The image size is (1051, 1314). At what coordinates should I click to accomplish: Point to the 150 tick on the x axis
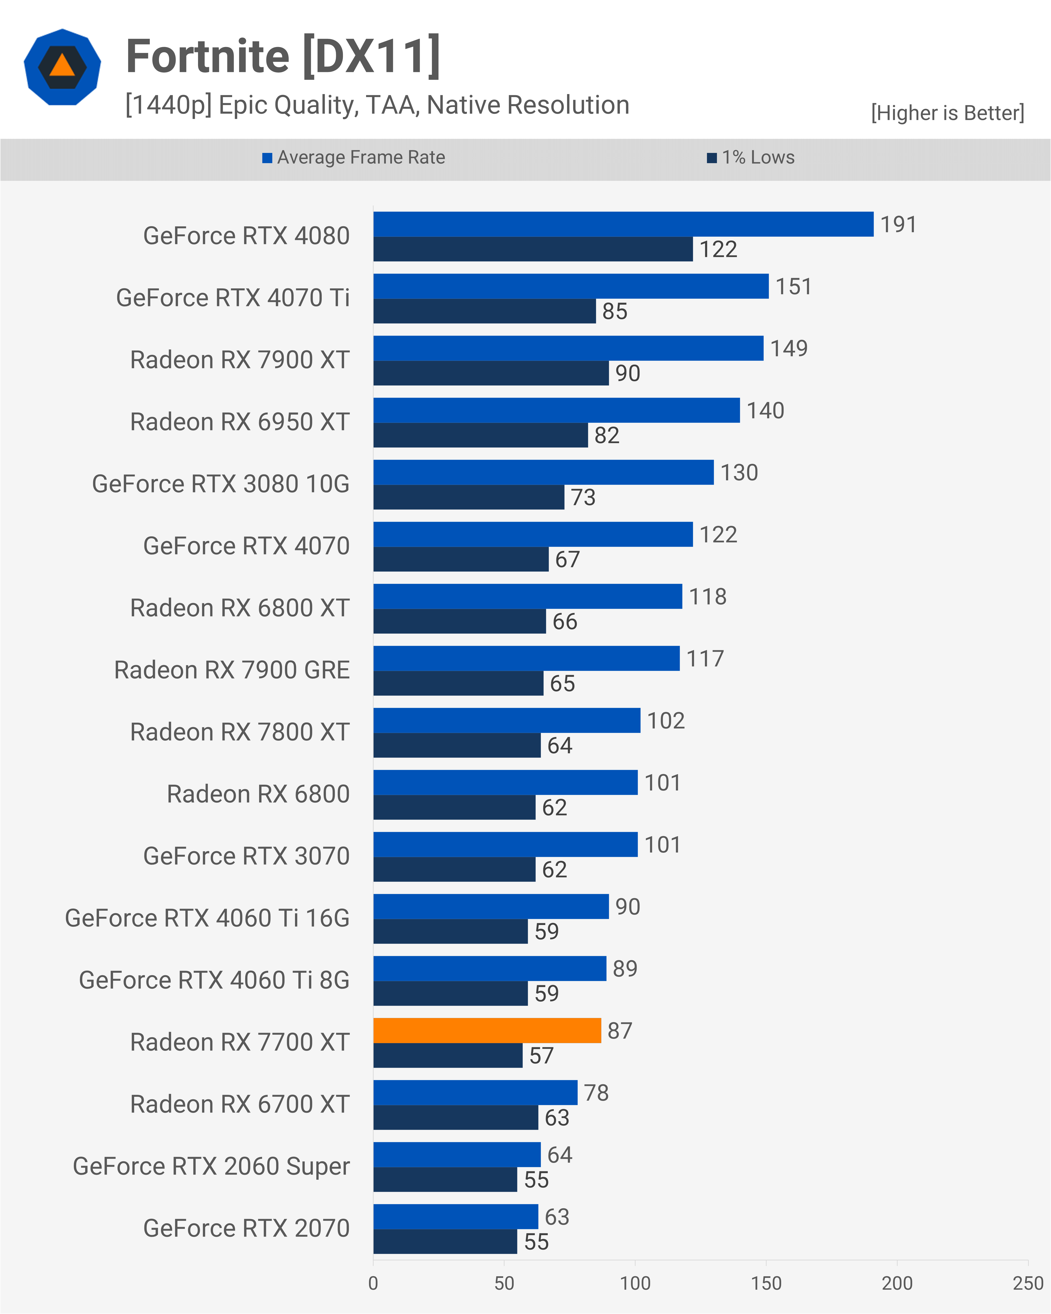tap(766, 1283)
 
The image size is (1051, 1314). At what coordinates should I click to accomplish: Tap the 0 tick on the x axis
tap(374, 1283)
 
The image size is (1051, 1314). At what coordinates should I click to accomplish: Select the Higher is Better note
tap(947, 113)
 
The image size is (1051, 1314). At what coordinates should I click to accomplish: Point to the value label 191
tap(898, 224)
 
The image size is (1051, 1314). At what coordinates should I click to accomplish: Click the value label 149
tap(788, 348)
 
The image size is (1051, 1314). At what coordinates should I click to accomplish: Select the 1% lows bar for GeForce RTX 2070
tap(445, 1242)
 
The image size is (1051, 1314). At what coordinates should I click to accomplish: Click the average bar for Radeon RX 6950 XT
tap(556, 410)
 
